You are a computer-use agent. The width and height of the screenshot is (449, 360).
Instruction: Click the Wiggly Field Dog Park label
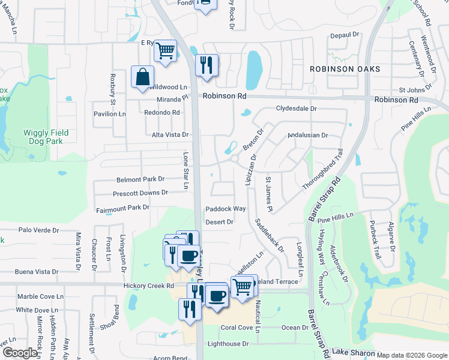(46, 137)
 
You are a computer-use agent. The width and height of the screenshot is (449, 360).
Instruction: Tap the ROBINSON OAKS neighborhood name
(345, 70)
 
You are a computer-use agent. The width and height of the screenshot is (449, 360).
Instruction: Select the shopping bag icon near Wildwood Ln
(142, 77)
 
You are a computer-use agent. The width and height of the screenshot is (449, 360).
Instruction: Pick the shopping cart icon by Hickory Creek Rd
(242, 286)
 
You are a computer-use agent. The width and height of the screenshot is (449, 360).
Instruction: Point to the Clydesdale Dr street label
(296, 109)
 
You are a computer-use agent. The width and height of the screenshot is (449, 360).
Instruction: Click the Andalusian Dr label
(308, 136)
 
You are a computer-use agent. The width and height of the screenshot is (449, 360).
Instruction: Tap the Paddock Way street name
(226, 209)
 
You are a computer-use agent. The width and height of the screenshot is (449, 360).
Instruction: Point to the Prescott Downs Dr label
(140, 193)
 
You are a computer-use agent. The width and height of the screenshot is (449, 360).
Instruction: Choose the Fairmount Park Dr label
(122, 208)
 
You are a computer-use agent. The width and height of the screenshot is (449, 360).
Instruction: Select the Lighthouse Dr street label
(228, 344)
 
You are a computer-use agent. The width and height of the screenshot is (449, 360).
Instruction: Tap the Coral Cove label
(237, 328)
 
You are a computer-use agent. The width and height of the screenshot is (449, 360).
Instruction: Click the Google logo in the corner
(20, 353)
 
